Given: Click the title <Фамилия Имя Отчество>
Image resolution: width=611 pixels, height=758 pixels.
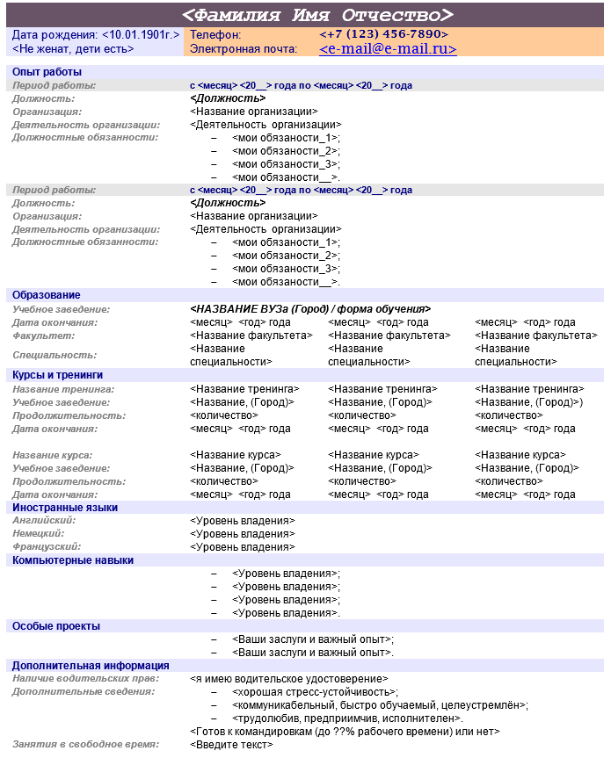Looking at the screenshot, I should [x=318, y=15].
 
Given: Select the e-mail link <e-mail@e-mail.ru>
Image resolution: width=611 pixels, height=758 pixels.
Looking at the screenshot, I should [x=388, y=50].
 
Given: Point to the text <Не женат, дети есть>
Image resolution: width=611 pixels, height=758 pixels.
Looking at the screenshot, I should [x=73, y=49].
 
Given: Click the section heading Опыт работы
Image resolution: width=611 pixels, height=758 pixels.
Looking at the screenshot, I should [x=47, y=72].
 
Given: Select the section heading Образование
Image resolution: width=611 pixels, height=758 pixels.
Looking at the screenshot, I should [x=47, y=295].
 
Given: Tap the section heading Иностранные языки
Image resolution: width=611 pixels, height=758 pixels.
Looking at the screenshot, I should [x=65, y=508].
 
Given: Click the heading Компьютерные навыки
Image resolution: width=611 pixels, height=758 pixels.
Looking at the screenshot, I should [x=73, y=559].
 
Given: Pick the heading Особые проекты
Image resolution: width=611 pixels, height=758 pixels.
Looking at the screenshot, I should [x=56, y=626].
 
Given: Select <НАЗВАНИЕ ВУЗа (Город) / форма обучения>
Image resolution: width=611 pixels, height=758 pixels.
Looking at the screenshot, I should [x=310, y=309].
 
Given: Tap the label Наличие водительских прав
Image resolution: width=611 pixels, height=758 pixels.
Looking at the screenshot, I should [x=85, y=679].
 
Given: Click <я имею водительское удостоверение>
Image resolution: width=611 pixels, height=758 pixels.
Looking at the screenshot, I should [x=288, y=679].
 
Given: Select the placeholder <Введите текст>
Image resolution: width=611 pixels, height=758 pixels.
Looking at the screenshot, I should [x=231, y=745].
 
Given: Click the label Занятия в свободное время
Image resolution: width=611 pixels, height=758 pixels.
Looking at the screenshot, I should [x=85, y=745].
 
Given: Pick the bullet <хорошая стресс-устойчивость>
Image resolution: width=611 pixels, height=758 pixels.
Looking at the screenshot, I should [x=315, y=692].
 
